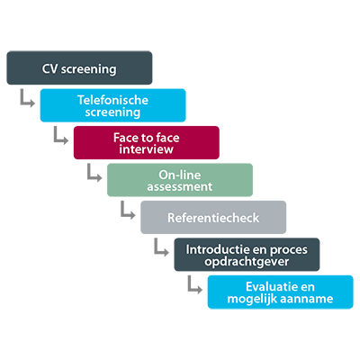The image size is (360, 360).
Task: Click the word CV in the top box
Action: (x=49, y=68)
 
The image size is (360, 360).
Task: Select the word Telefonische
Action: (x=112, y=100)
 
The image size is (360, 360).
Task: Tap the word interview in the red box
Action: (x=146, y=149)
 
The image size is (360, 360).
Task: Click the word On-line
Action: (x=180, y=175)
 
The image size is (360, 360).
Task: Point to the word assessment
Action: (x=180, y=186)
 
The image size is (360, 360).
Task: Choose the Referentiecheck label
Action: (x=213, y=218)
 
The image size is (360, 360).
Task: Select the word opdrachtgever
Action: (x=247, y=262)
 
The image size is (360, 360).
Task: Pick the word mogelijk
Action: (x=254, y=299)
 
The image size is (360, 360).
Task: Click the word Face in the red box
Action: (x=125, y=138)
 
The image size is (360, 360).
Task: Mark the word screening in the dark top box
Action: (x=88, y=69)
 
